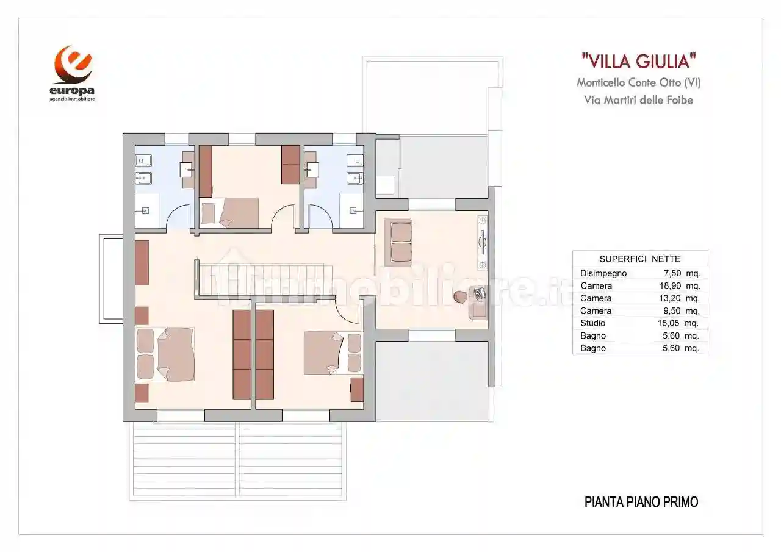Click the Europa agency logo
(x=73, y=73)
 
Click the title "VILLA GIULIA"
(x=638, y=61)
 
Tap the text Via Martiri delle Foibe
(x=638, y=100)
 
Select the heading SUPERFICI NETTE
(x=639, y=259)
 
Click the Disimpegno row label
(x=603, y=273)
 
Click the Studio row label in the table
(x=593, y=323)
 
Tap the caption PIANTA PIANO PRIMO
(x=641, y=502)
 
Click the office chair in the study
(x=460, y=296)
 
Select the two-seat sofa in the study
(x=401, y=242)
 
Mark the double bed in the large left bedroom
(x=175, y=354)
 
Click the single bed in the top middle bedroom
(x=238, y=213)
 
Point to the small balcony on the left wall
(x=111, y=280)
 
